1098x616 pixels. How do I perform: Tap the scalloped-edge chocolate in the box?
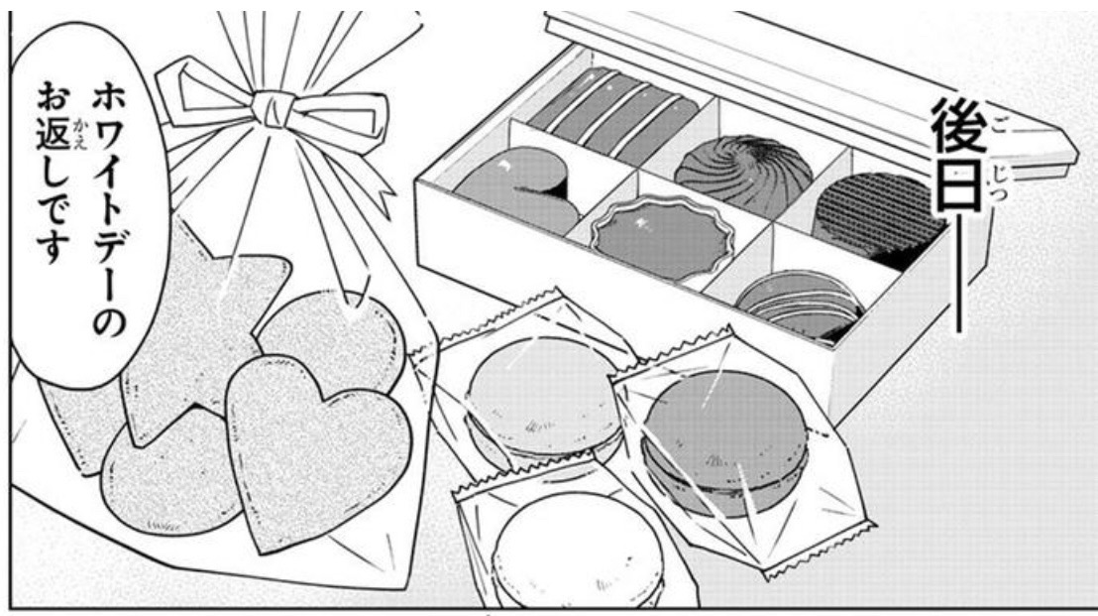click(658, 234)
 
